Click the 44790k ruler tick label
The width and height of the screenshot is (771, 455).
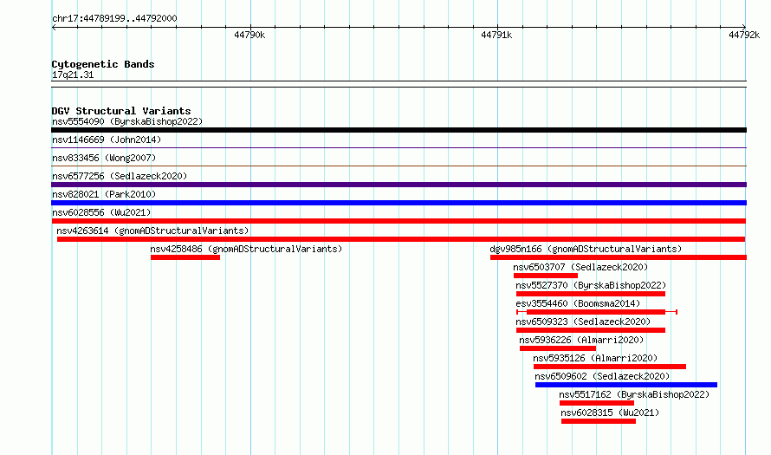(249, 35)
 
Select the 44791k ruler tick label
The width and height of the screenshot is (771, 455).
(496, 35)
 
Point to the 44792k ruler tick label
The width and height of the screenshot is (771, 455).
(744, 35)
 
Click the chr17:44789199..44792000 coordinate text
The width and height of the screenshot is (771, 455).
(114, 19)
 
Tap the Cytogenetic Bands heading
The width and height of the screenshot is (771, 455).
(103, 64)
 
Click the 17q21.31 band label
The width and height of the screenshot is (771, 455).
(72, 75)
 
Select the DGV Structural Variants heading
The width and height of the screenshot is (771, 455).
(121, 111)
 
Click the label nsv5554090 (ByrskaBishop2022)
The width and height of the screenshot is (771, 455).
(127, 121)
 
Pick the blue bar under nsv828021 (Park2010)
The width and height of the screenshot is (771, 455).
(398, 203)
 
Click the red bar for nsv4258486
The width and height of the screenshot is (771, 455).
(185, 257)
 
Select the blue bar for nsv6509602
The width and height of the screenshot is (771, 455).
(626, 385)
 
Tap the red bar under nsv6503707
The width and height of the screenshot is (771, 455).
(545, 276)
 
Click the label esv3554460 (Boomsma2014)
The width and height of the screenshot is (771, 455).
(578, 303)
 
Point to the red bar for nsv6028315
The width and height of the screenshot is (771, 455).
(599, 421)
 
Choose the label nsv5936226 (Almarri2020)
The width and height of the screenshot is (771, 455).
(581, 340)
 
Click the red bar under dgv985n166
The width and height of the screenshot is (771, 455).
(618, 257)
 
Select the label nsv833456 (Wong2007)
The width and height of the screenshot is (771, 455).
(104, 158)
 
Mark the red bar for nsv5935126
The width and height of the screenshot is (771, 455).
(609, 367)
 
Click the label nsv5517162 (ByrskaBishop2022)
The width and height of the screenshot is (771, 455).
(634, 394)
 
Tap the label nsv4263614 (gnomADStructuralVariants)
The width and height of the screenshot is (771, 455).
(152, 231)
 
